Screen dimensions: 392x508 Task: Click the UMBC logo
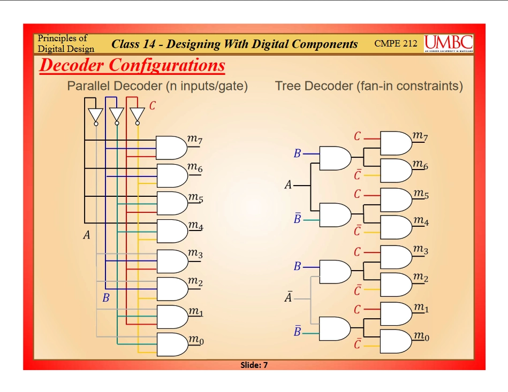(449, 43)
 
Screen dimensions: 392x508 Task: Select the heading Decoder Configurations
(132, 65)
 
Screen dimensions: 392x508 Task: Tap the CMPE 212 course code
(396, 43)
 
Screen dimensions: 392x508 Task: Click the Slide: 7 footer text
(254, 365)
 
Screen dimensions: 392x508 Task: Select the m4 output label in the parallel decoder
(195, 226)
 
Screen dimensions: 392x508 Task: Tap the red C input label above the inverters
(152, 106)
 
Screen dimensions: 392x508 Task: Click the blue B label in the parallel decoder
(105, 298)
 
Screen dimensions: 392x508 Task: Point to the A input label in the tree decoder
(288, 186)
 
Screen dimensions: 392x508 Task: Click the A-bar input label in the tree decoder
(288, 298)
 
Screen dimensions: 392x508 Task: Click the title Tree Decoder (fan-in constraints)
(369, 86)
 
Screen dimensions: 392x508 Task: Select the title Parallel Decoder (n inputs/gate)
(157, 86)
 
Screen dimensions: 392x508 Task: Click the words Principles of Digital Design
(65, 43)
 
